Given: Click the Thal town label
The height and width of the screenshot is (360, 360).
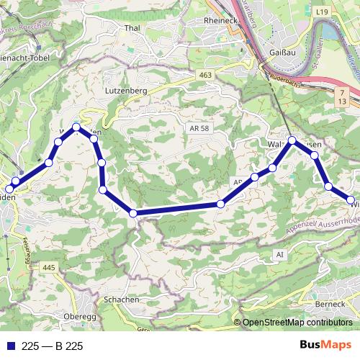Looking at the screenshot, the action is [131, 29].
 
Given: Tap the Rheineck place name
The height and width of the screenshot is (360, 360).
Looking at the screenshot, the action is [220, 20].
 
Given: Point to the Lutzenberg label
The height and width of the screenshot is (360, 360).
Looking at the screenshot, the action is [127, 91].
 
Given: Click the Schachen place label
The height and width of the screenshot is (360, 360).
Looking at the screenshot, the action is [121, 299].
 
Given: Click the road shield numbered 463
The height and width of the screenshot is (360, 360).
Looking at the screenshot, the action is [207, 75].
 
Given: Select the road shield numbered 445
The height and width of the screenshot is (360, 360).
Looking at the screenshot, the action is [49, 268].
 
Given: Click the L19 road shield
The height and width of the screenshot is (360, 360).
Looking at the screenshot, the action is [321, 12].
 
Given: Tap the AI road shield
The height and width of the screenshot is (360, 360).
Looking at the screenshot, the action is [280, 255].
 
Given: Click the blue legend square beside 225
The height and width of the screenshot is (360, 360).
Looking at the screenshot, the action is [10, 346].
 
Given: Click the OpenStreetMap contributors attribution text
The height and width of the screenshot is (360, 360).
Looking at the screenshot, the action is [297, 323].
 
